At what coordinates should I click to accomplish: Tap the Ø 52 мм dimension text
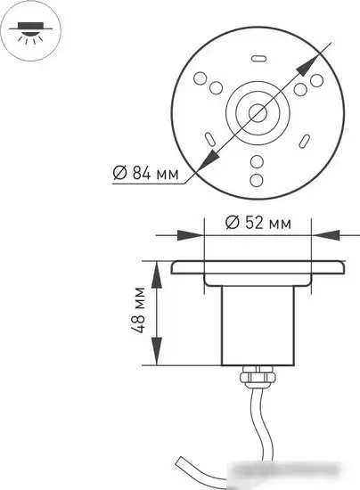click(258, 223)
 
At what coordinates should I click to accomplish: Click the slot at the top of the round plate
click(258, 60)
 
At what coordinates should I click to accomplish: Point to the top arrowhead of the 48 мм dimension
click(158, 271)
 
